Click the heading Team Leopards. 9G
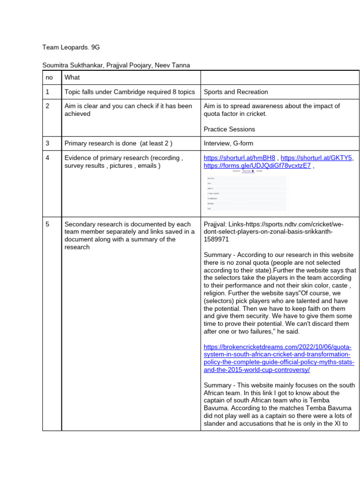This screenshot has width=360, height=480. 71,47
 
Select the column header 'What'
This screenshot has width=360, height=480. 72,77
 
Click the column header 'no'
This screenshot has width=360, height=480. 50,77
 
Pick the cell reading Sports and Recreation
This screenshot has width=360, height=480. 236,92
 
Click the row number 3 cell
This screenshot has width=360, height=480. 48,143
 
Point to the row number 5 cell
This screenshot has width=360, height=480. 48,225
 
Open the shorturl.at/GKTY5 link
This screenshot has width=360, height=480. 317,158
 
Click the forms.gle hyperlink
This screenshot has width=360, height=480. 257,165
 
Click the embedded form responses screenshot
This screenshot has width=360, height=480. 247,192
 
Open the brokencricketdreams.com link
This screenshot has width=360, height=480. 278,358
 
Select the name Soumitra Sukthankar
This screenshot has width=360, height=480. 72,65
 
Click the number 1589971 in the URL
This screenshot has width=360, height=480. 217,239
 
